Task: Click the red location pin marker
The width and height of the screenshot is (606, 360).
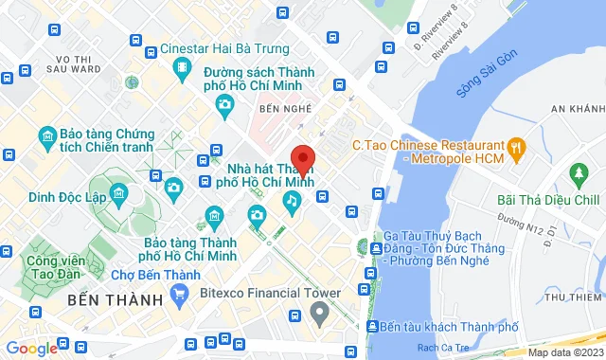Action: tap(301, 158)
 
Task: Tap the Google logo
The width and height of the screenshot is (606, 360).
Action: tap(32, 348)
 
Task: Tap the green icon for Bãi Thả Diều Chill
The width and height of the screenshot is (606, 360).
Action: tap(577, 175)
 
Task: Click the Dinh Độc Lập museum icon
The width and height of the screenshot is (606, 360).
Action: tap(118, 195)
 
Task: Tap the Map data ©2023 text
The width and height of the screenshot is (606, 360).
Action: tap(564, 352)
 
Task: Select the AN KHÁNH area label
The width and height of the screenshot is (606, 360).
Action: tap(577, 110)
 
